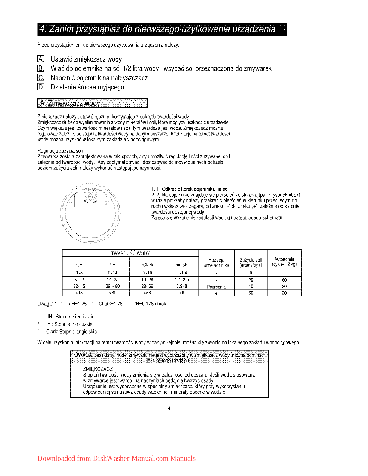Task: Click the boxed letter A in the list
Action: tap(41, 59)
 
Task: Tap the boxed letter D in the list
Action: tap(41, 87)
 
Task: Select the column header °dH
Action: tap(79, 265)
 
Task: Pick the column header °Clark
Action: tap(147, 265)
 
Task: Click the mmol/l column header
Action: tap(181, 265)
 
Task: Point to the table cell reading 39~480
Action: tap(113, 286)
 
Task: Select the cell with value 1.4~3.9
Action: tap(181, 280)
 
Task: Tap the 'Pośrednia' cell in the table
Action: tap(216, 287)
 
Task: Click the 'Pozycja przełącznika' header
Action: tap(216, 262)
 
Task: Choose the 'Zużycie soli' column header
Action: tap(251, 262)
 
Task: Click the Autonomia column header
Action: tap(284, 262)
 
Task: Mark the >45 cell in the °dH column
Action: tap(79, 293)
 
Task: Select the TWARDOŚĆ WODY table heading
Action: tap(130, 253)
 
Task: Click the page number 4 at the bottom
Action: tap(169, 408)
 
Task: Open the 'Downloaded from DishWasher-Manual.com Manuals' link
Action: tap(117, 459)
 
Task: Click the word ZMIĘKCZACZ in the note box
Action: tap(98, 369)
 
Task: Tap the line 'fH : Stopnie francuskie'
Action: tap(69, 324)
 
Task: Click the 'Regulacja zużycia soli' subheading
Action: tap(60, 150)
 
